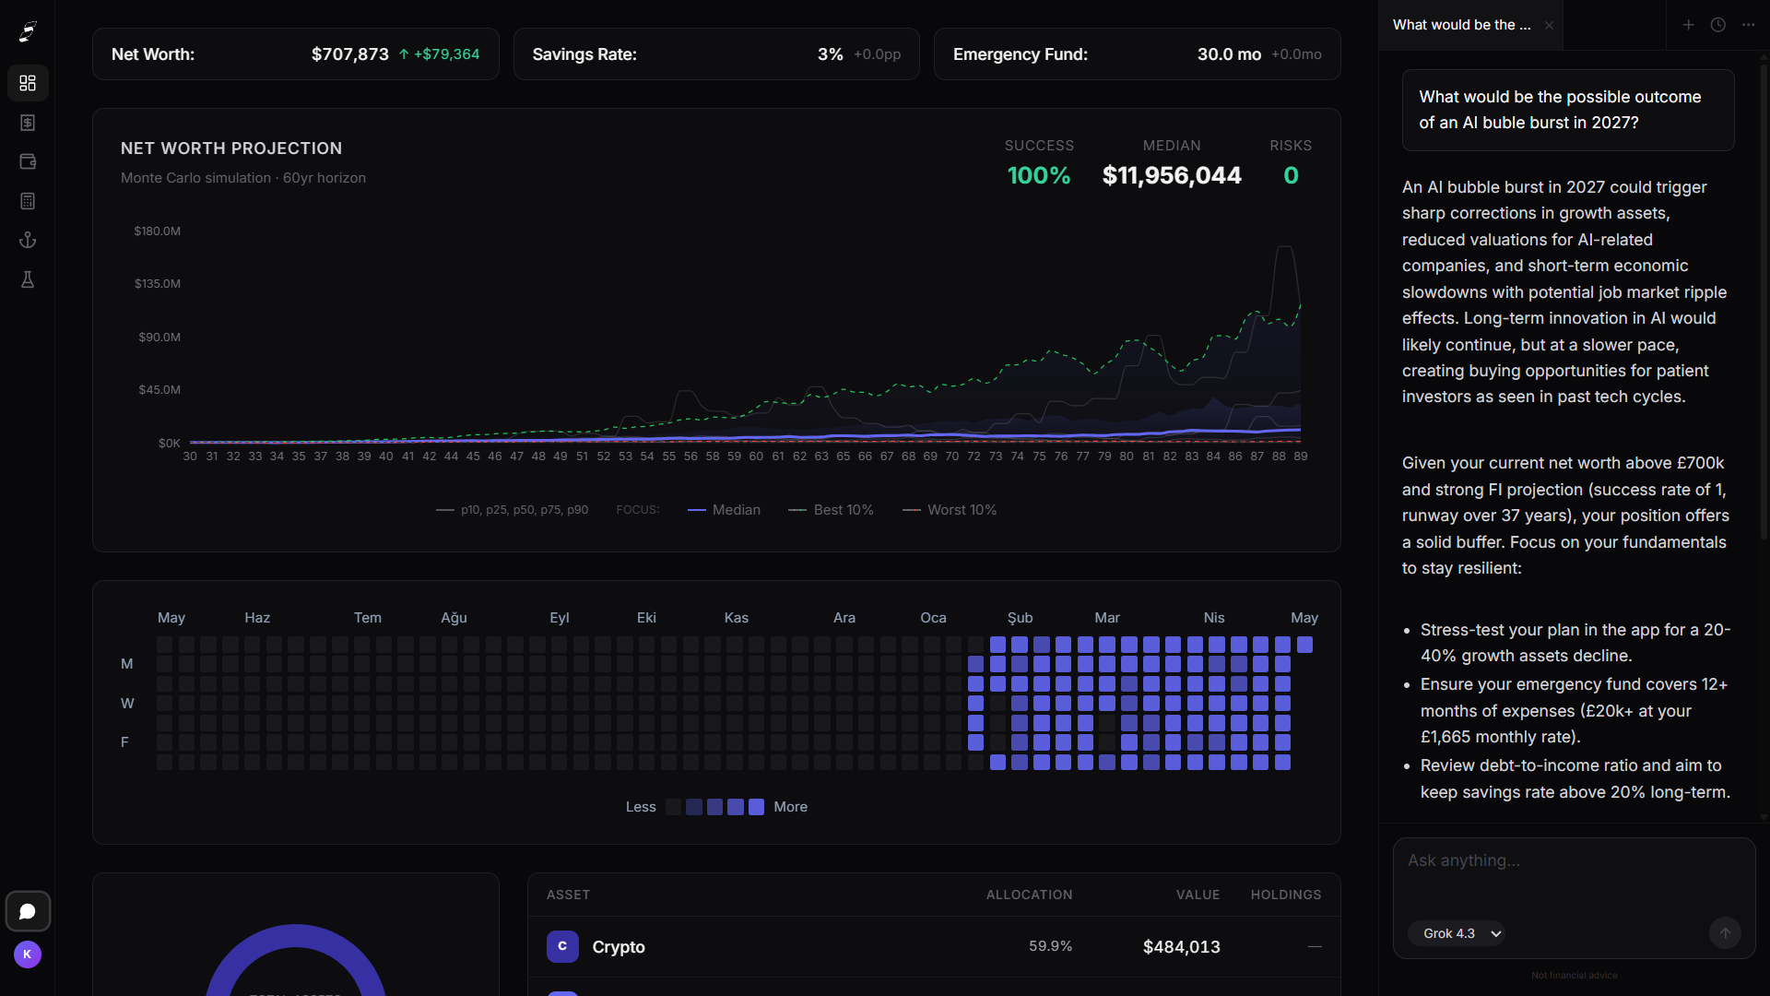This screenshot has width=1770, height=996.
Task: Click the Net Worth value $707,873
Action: [350, 54]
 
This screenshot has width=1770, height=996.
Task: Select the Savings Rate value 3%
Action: [830, 54]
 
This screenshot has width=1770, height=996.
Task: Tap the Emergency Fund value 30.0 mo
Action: [1229, 54]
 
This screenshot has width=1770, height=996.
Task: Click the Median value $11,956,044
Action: [1172, 175]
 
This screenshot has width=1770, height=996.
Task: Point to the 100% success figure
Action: [1039, 175]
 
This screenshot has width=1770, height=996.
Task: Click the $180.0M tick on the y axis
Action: [158, 231]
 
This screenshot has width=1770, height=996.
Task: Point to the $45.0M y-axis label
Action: [159, 390]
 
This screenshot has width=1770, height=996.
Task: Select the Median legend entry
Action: [724, 510]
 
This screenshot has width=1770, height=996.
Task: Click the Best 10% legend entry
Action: [831, 510]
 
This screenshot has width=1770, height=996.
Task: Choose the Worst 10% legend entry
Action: [950, 510]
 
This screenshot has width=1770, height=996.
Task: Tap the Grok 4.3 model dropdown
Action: [1457, 933]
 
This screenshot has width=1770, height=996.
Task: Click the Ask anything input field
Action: [1574, 876]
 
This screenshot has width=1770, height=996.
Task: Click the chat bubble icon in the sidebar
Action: [28, 911]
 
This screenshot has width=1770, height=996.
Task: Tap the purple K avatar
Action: [28, 954]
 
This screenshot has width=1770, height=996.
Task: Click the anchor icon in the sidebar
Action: [28, 241]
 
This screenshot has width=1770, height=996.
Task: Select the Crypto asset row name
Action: [619, 947]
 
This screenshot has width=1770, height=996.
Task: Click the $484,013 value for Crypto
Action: [1182, 947]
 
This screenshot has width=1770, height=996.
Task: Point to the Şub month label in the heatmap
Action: [1020, 618]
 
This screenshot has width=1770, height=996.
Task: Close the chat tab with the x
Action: [1549, 26]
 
